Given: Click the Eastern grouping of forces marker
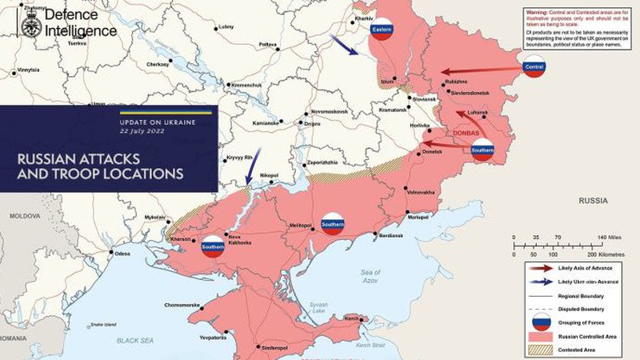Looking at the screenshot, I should coord(381,29).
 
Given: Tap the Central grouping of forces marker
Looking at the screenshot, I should coord(533,70).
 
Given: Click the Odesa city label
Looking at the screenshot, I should coord(122,254).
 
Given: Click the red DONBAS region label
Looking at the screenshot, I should coord(466,132).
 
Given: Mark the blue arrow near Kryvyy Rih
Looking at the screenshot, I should coord(251,171).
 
